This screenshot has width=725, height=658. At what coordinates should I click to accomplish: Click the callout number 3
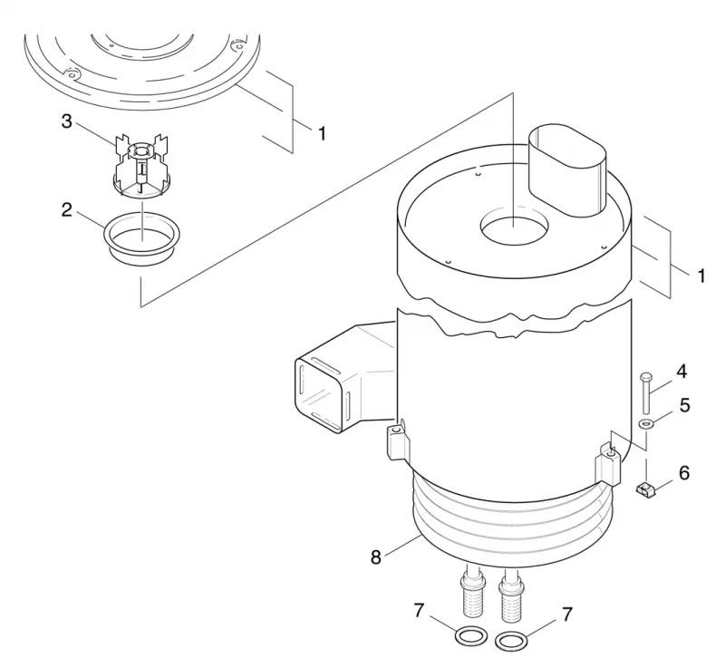(x=67, y=121)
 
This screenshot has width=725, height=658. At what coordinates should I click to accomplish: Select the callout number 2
(x=67, y=210)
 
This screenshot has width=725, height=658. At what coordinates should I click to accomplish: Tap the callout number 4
(x=681, y=372)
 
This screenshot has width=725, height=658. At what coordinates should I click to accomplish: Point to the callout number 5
(x=685, y=405)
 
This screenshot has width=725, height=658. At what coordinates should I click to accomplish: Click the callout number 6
(x=684, y=473)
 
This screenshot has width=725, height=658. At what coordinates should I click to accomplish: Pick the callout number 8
(x=376, y=557)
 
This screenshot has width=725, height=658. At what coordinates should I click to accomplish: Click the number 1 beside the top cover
(x=323, y=134)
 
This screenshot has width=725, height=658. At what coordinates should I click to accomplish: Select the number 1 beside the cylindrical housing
(x=701, y=276)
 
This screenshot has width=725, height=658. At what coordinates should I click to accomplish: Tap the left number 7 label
(x=419, y=610)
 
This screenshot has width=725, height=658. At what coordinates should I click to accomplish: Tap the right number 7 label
(x=567, y=615)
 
